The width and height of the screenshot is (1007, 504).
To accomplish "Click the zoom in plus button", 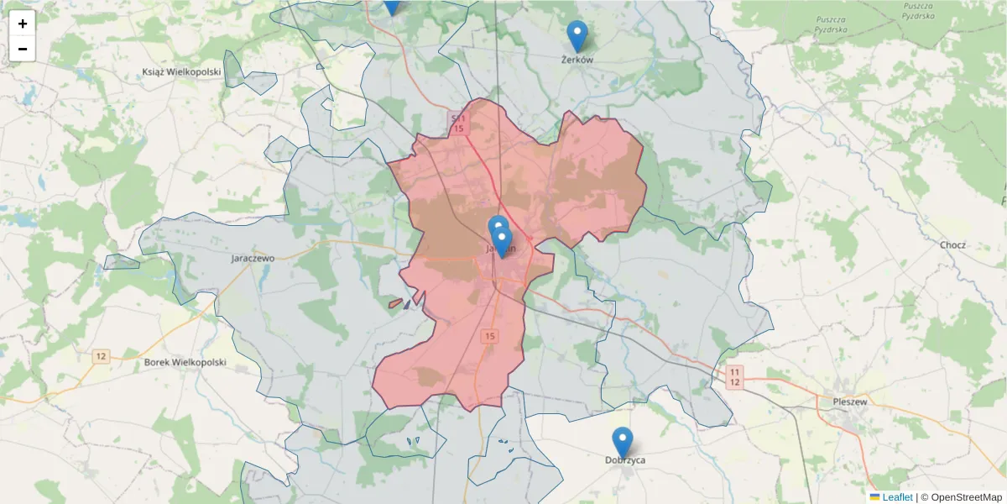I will pyautogui.click(x=23, y=24).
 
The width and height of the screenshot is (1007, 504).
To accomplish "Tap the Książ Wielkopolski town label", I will pyautogui.click(x=181, y=72).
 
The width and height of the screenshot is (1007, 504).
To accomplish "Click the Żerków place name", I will pyautogui.click(x=577, y=60).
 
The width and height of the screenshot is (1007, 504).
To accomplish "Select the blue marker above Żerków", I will pyautogui.click(x=577, y=35).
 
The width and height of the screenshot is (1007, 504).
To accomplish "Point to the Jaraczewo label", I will pyautogui.click(x=253, y=259).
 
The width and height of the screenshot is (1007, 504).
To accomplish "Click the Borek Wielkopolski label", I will pyautogui.click(x=185, y=362).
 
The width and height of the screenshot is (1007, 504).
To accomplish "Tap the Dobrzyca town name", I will pyautogui.click(x=625, y=460).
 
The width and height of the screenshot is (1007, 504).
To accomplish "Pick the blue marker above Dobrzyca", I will pyautogui.click(x=622, y=442).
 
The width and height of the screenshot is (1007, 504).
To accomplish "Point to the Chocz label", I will pyautogui.click(x=953, y=245).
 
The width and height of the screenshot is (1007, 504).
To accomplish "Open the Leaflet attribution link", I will pyautogui.click(x=897, y=497).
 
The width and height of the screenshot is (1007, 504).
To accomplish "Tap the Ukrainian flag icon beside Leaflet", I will pyautogui.click(x=874, y=497).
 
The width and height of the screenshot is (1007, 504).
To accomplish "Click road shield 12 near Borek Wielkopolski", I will pyautogui.click(x=102, y=356).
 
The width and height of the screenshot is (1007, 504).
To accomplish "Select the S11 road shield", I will pyautogui.click(x=457, y=119).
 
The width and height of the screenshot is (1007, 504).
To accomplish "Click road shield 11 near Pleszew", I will pyautogui.click(x=734, y=372).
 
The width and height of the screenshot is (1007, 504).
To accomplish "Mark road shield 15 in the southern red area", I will pyautogui.click(x=490, y=336).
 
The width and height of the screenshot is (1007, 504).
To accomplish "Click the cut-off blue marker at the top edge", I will pyautogui.click(x=391, y=7).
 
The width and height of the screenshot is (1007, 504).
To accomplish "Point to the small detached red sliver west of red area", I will pyautogui.click(x=395, y=303).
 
